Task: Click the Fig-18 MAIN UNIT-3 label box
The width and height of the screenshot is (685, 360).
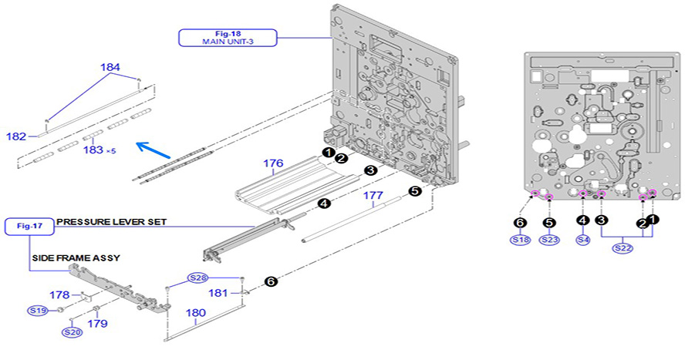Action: pos(228,38)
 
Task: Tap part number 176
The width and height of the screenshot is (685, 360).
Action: pos(273,163)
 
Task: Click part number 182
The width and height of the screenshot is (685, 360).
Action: pos(16,136)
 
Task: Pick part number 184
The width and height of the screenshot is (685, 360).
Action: pos(110,68)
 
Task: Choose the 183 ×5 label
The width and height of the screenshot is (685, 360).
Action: pos(98,150)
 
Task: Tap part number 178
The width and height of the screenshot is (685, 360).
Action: pos(59,294)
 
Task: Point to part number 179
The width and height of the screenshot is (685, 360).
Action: pos(97,324)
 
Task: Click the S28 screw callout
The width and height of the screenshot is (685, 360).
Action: pos(199,278)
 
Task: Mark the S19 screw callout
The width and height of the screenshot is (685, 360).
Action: pos(38,310)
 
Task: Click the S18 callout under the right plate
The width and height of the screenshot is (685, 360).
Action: pos(521,240)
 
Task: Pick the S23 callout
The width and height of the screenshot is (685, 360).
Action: pos(548,240)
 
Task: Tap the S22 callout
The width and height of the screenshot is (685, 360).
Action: pos(623,248)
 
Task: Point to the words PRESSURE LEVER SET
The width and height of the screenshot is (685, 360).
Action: pos(111,221)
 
